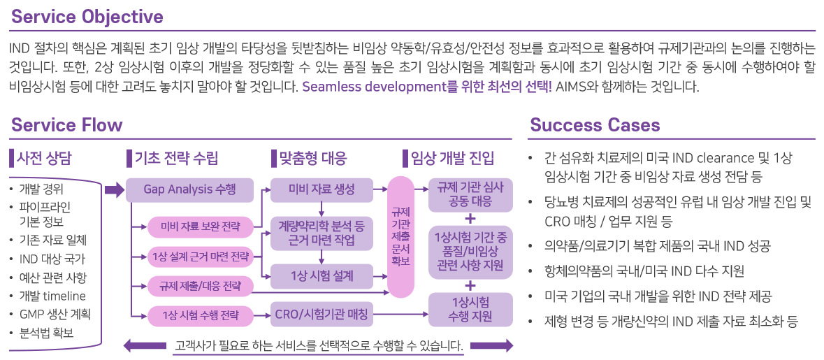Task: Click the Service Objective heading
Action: click(x=87, y=17)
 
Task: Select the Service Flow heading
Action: click(x=66, y=125)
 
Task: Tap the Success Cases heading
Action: click(x=595, y=125)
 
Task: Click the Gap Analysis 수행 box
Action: click(x=189, y=189)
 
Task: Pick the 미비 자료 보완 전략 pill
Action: click(x=201, y=227)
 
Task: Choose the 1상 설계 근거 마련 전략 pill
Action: click(x=201, y=257)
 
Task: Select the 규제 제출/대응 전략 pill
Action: click(x=201, y=286)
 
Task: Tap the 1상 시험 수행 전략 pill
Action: click(x=201, y=315)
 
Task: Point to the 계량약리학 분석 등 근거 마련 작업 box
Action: click(x=321, y=233)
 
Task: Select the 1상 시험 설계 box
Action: click(x=321, y=275)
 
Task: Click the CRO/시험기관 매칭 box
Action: click(x=321, y=315)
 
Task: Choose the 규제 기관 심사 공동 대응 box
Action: click(x=470, y=195)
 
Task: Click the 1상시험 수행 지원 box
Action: click(x=470, y=309)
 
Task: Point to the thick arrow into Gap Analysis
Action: click(x=114, y=189)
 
